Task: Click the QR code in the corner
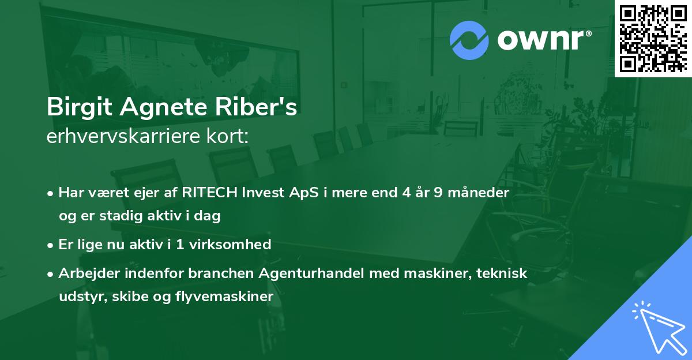pos(653,38)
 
